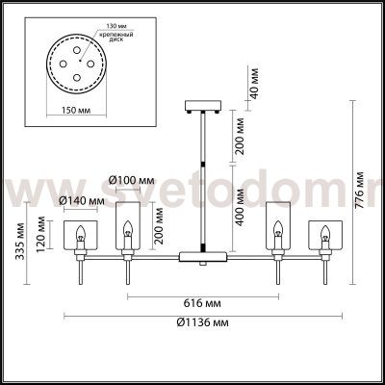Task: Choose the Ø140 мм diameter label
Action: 81,200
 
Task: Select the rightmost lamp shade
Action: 327,236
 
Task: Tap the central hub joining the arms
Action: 203,257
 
